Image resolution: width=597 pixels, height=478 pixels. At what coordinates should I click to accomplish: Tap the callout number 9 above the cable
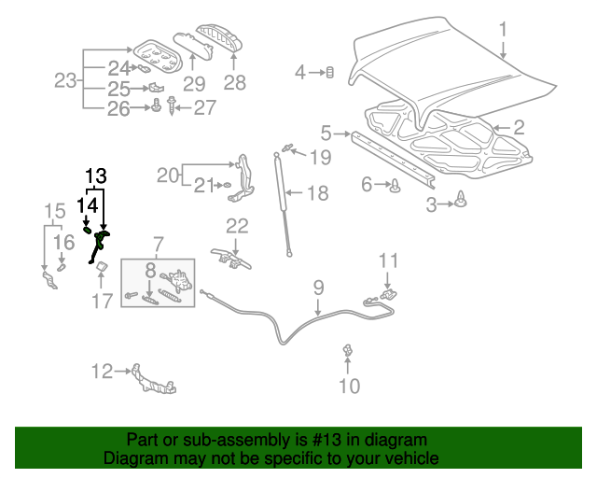[317, 288]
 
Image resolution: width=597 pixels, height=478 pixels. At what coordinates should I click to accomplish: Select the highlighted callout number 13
[96, 176]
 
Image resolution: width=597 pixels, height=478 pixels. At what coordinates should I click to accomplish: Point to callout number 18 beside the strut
[318, 193]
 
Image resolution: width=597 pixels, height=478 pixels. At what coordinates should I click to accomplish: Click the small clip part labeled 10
[348, 351]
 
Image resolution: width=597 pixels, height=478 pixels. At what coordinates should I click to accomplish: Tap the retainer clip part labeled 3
[464, 199]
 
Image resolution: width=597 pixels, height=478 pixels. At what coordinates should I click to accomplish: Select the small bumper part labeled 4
[329, 73]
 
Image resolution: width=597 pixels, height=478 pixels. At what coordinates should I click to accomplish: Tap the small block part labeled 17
[100, 270]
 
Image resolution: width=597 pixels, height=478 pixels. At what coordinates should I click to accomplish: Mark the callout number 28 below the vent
[234, 83]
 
